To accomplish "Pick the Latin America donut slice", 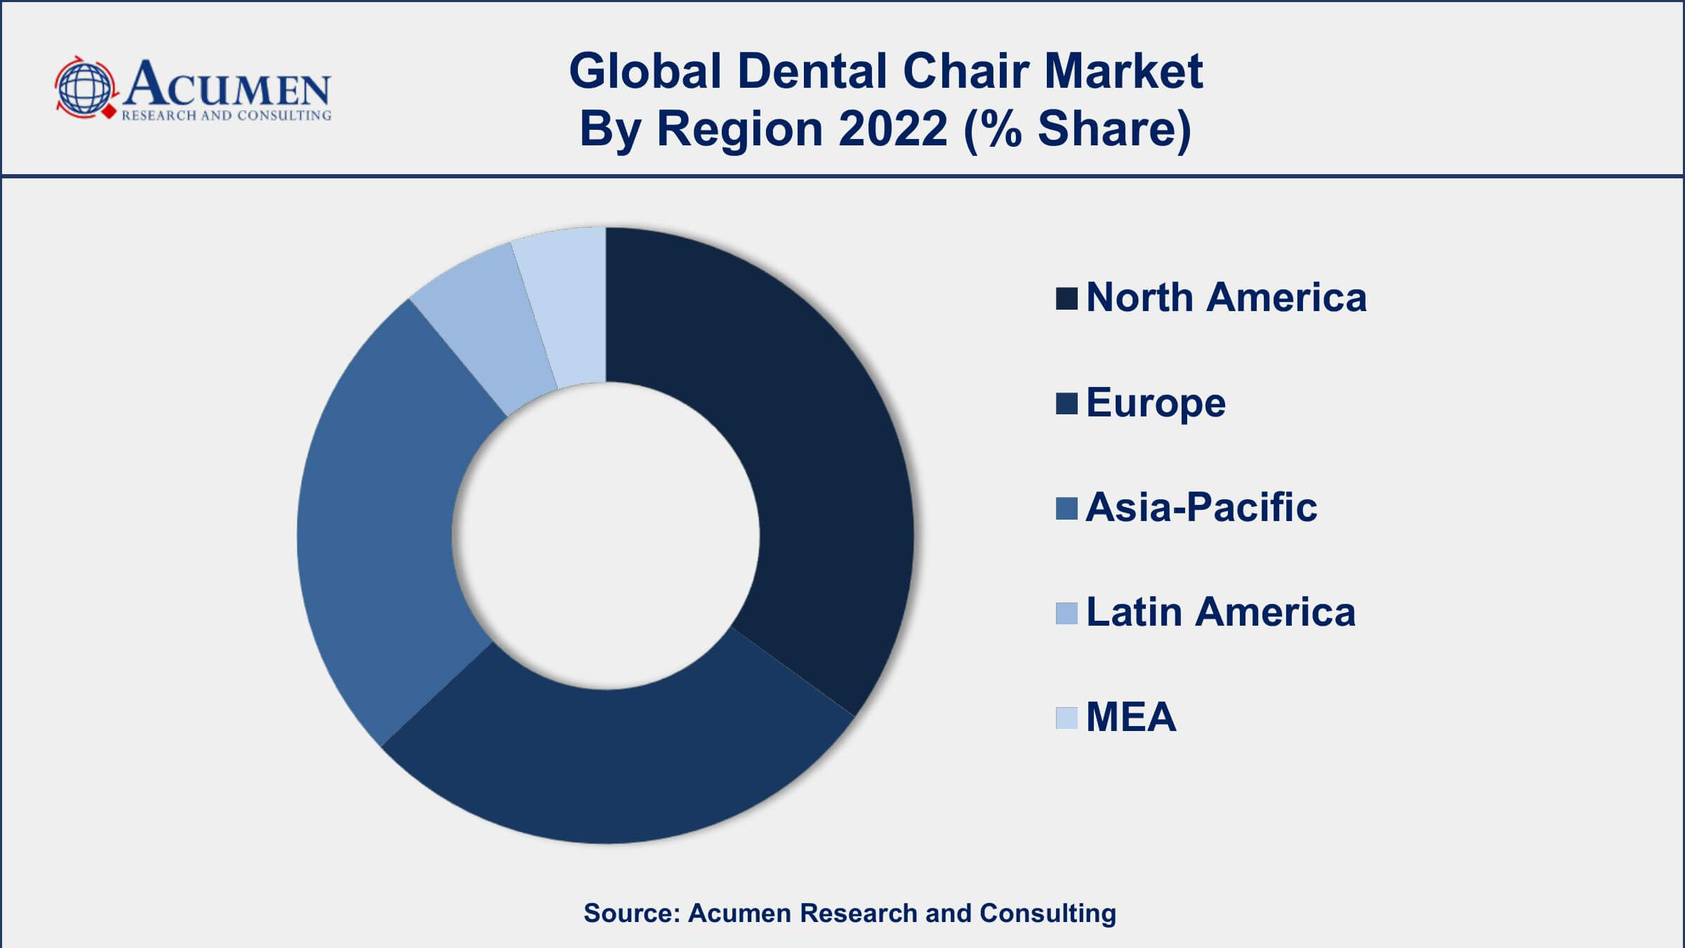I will [484, 330].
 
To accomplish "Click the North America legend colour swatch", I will [1066, 298].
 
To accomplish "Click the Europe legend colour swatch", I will [1066, 404].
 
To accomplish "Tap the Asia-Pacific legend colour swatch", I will [1066, 508].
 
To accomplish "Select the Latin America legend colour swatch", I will [1066, 613].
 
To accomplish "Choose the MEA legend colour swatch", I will [1066, 718].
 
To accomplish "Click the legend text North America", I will [1226, 297].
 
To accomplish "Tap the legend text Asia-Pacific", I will [1201, 507].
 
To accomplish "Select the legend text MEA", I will [1130, 717].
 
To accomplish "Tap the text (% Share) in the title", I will [1078, 129].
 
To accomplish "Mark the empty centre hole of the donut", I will [605, 535].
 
